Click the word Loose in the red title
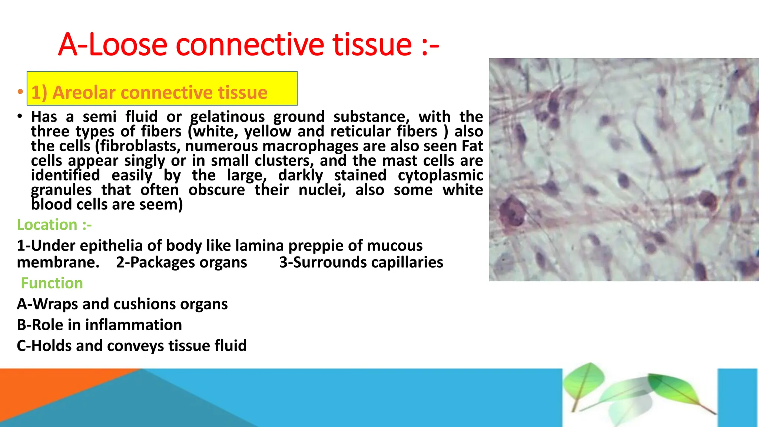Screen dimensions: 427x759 point(128,44)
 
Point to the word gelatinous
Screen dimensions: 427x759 point(227,117)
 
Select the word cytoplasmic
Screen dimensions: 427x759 point(440,175)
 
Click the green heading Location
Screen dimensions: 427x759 point(47,225)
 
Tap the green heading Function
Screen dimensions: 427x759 point(52,283)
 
